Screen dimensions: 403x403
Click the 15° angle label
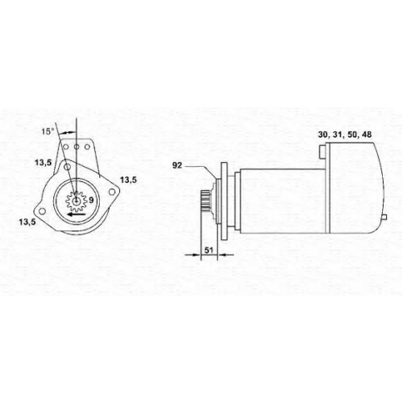click(x=48, y=131)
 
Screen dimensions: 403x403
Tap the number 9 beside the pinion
click(x=91, y=200)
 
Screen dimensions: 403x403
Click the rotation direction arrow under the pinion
click(x=76, y=214)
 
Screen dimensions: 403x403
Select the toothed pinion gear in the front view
click(x=77, y=201)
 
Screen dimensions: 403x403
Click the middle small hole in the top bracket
click(x=77, y=147)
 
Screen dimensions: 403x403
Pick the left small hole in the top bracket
click(x=65, y=147)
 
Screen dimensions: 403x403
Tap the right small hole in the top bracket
click(x=87, y=147)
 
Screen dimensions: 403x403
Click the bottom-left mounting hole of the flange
click(x=41, y=211)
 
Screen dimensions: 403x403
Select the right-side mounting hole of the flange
click(x=111, y=192)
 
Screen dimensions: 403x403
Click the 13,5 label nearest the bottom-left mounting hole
click(x=27, y=222)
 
